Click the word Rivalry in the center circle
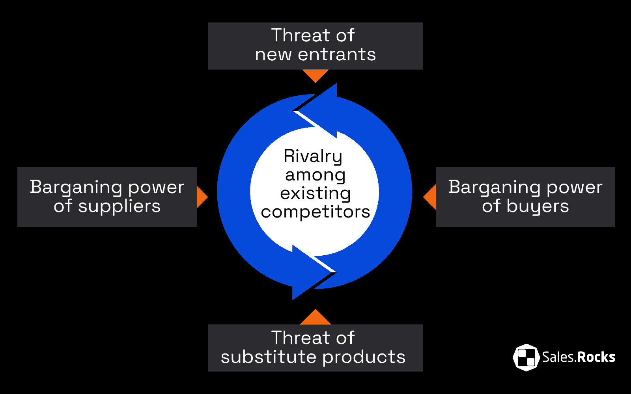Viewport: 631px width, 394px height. (x=313, y=156)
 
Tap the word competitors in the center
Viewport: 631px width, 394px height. (x=315, y=212)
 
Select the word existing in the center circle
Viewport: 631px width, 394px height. (x=315, y=193)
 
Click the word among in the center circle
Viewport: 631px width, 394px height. (x=315, y=175)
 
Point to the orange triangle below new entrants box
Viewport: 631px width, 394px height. (x=315, y=75)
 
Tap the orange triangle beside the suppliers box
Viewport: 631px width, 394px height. (x=201, y=197)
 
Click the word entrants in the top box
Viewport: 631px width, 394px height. (x=337, y=54)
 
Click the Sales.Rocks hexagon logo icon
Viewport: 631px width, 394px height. (x=526, y=357)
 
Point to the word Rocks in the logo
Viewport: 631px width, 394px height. (x=596, y=357)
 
